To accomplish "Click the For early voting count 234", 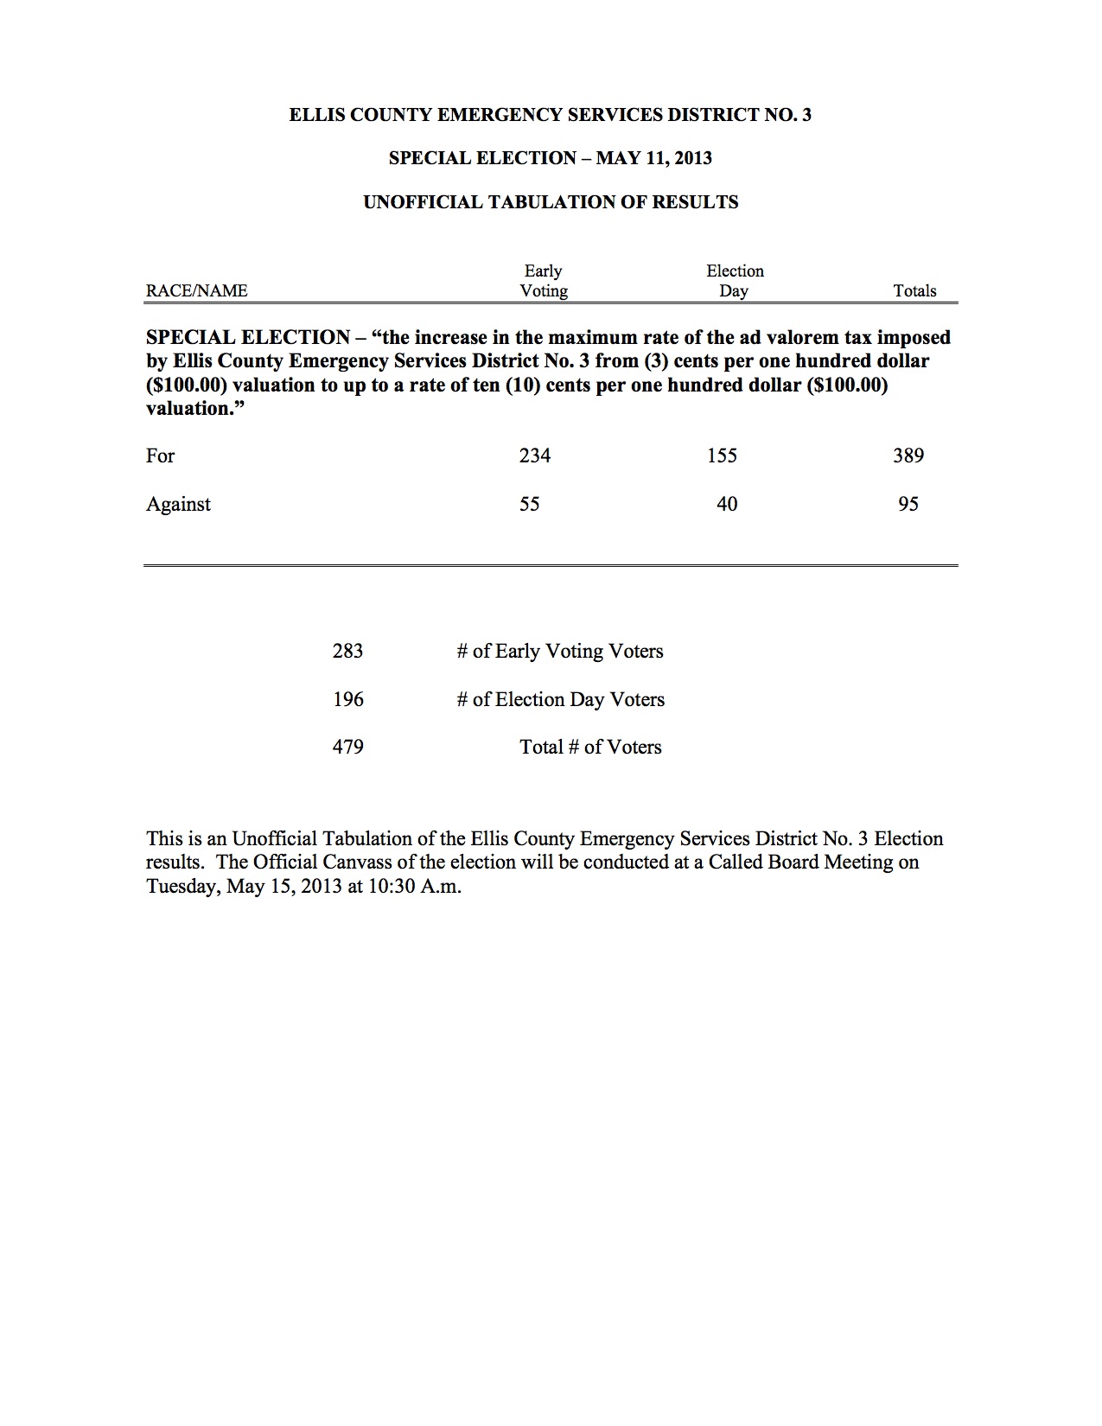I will click(535, 455).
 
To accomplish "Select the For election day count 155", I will click(722, 455).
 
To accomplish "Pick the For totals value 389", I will click(908, 455).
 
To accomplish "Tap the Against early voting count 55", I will click(530, 504).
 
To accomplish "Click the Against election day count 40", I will click(727, 504).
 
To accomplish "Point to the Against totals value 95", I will click(908, 504).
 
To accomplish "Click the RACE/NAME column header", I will click(197, 291).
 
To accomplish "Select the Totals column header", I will click(915, 291).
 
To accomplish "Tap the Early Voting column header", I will click(544, 281).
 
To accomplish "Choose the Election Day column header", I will click(735, 281).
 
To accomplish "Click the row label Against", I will click(178, 504).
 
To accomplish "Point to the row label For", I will click(161, 455).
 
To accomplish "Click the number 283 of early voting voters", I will click(347, 651).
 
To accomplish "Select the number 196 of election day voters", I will click(348, 699).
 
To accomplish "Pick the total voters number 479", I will click(348, 747).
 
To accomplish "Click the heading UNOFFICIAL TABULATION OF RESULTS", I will click(551, 202).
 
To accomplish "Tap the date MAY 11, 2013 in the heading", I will click(654, 158).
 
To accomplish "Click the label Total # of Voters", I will click(590, 747).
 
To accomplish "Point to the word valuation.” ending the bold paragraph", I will click(190, 409).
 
